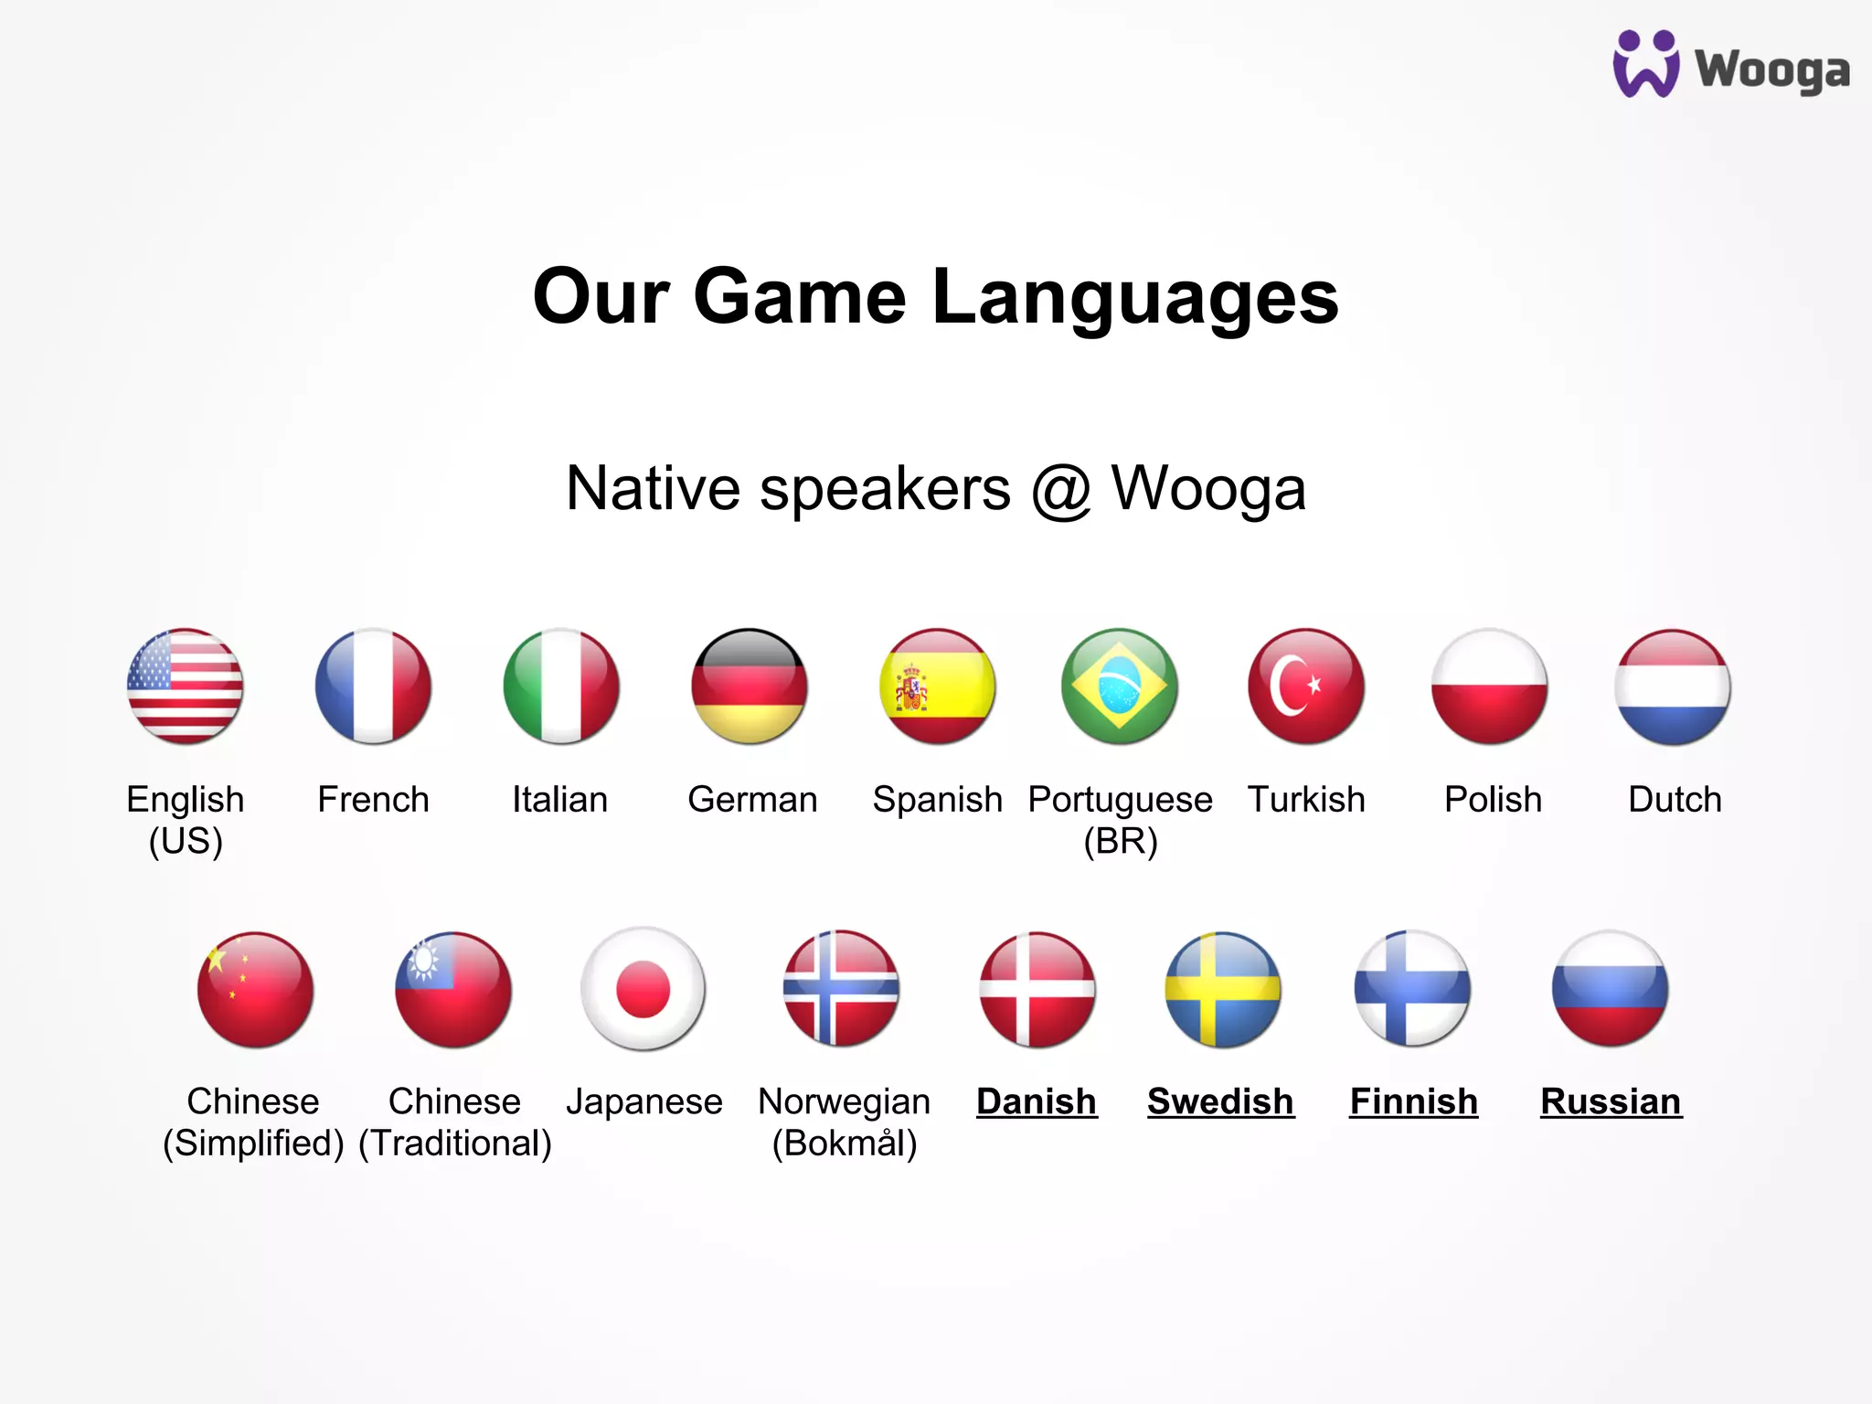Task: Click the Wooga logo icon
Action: pyautogui.click(x=1645, y=64)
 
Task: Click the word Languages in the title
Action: pyautogui.click(x=1135, y=297)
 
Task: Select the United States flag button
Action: pyautogui.click(x=186, y=686)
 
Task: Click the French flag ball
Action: pyautogui.click(x=373, y=686)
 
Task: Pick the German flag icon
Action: pyautogui.click(x=750, y=686)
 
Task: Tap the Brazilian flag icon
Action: pyautogui.click(x=1120, y=686)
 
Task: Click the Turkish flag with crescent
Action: pyautogui.click(x=1306, y=686)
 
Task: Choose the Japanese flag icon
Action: pyautogui.click(x=643, y=989)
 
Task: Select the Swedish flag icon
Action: pyautogui.click(x=1223, y=989)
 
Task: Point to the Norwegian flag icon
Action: pyautogui.click(x=842, y=989)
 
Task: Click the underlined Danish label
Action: pyautogui.click(x=1037, y=1102)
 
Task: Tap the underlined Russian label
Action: pyautogui.click(x=1611, y=1102)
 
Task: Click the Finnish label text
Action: pyautogui.click(x=1413, y=1102)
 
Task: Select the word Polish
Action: pyautogui.click(x=1493, y=800)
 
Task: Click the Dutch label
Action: pyautogui.click(x=1675, y=800)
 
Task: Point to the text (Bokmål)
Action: pyautogui.click(x=845, y=1143)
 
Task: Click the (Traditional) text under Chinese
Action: pyautogui.click(x=455, y=1143)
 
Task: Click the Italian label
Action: pyautogui.click(x=559, y=800)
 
